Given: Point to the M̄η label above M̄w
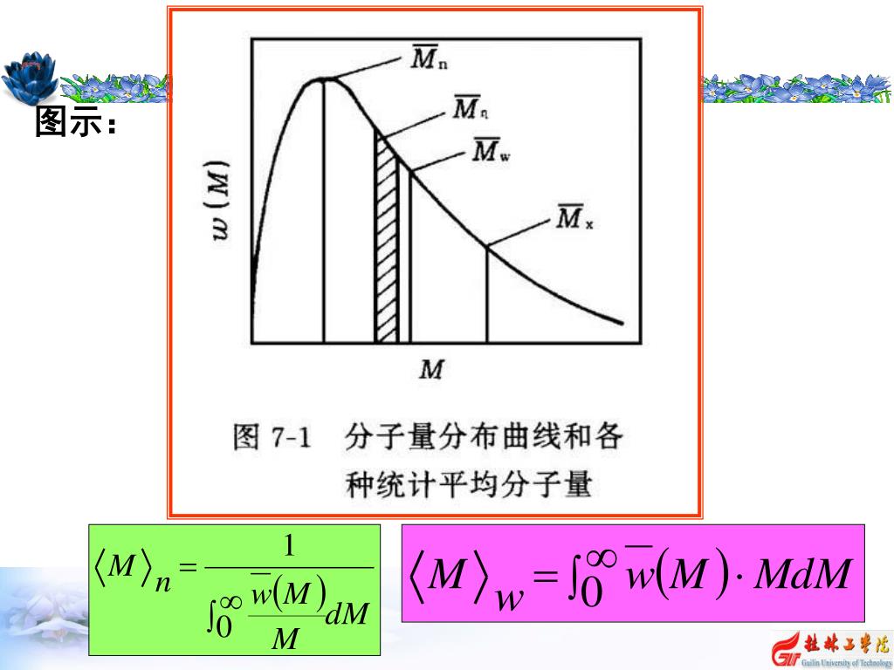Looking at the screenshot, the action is coord(471,109).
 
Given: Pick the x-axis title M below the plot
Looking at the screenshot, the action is coord(430,371).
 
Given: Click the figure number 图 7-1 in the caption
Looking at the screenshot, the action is coord(272,436).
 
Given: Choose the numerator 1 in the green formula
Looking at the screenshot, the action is coord(289,547).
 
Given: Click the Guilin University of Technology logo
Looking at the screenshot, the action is coord(829,646).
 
